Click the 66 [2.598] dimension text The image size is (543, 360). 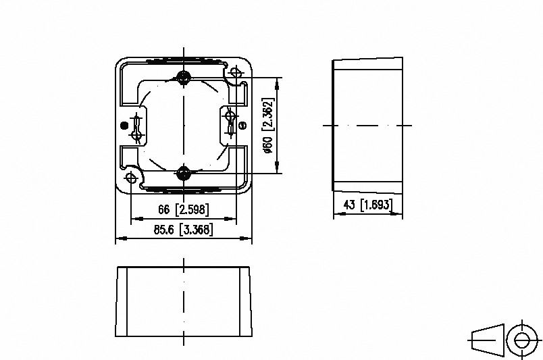tap(183, 209)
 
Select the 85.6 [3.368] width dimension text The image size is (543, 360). tap(183, 230)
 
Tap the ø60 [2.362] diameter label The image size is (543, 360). tap(268, 126)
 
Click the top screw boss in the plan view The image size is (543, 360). tap(183, 76)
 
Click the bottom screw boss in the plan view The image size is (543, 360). tap(183, 174)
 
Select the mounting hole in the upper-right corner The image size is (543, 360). tap(236, 72)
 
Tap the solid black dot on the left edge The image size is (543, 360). tap(123, 126)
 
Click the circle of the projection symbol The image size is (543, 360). tap(521, 340)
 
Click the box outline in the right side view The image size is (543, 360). tap(369, 126)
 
